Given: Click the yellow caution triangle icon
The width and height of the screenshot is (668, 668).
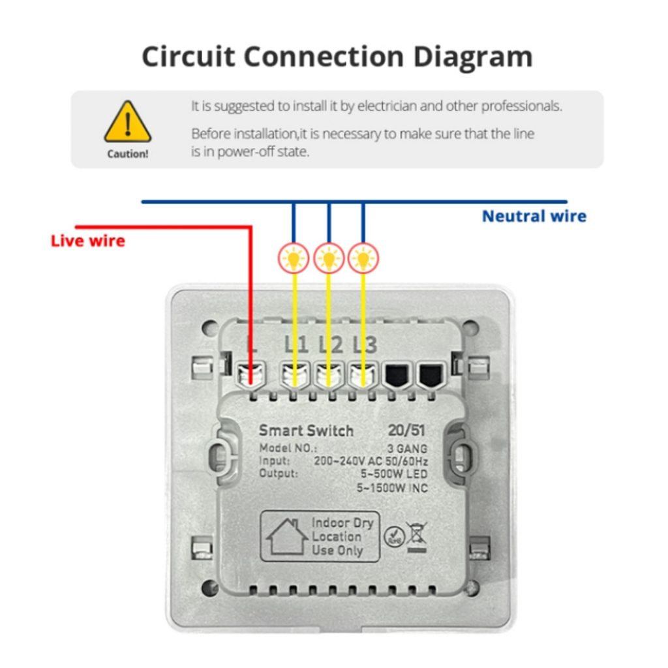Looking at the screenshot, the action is point(128,122).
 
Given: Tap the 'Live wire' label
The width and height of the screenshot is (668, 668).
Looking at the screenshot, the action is point(88,241).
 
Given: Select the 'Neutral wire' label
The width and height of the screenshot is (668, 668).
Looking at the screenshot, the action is point(534,217).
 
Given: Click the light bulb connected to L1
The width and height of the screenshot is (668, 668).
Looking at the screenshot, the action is point(294,258).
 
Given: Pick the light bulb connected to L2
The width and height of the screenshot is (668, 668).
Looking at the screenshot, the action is point(329,258).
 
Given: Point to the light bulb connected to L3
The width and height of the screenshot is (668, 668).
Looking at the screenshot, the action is point(363,258).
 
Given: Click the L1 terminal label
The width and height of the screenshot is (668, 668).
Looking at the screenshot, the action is point(296,344).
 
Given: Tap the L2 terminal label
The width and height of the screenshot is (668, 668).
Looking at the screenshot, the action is point(331,344).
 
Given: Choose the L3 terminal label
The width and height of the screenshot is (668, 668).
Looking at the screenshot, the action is point(365,344).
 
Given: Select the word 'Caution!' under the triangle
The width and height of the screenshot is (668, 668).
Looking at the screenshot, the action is point(128,154).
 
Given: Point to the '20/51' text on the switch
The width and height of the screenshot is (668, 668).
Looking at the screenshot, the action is point(406,431).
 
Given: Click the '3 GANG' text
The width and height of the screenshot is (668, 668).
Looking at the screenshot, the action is point(407,449).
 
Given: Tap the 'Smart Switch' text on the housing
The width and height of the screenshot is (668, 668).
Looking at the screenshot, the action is point(307,431).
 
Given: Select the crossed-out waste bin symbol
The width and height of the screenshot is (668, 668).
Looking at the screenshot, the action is point(416,538).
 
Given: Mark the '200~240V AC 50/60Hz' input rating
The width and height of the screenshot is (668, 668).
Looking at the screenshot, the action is point(371,461).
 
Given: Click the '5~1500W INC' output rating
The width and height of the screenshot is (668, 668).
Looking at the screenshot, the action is point(392,488).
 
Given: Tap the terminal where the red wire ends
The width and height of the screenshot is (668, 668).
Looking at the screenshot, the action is point(251,376).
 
